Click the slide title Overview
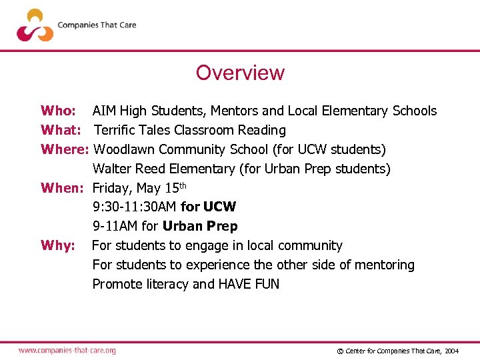(x=240, y=73)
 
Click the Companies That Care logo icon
(x=35, y=25)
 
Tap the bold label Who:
(x=58, y=111)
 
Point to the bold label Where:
(x=65, y=149)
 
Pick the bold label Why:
(x=57, y=245)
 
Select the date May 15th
(x=165, y=187)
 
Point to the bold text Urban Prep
(x=200, y=226)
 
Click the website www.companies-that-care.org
(x=67, y=350)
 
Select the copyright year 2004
(x=451, y=351)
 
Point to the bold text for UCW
(x=208, y=207)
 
